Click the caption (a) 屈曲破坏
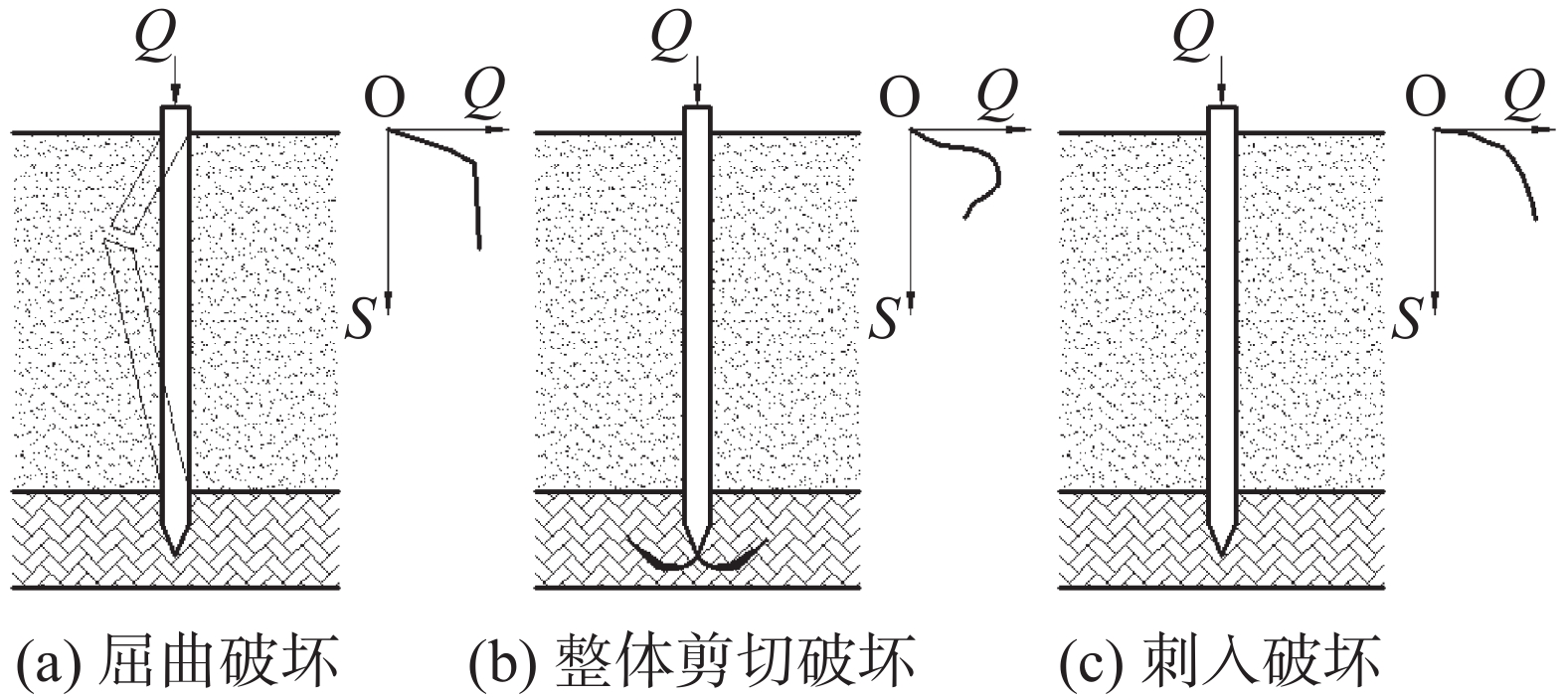[x=178, y=661]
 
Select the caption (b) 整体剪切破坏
[x=691, y=661]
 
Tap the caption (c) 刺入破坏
[x=1220, y=661]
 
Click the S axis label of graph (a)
[x=361, y=318]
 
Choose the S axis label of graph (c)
[x=1408, y=318]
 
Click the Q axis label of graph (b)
[x=997, y=94]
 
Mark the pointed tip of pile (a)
[x=175, y=557]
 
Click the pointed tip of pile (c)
[x=1222, y=557]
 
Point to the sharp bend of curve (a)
[x=474, y=164]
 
